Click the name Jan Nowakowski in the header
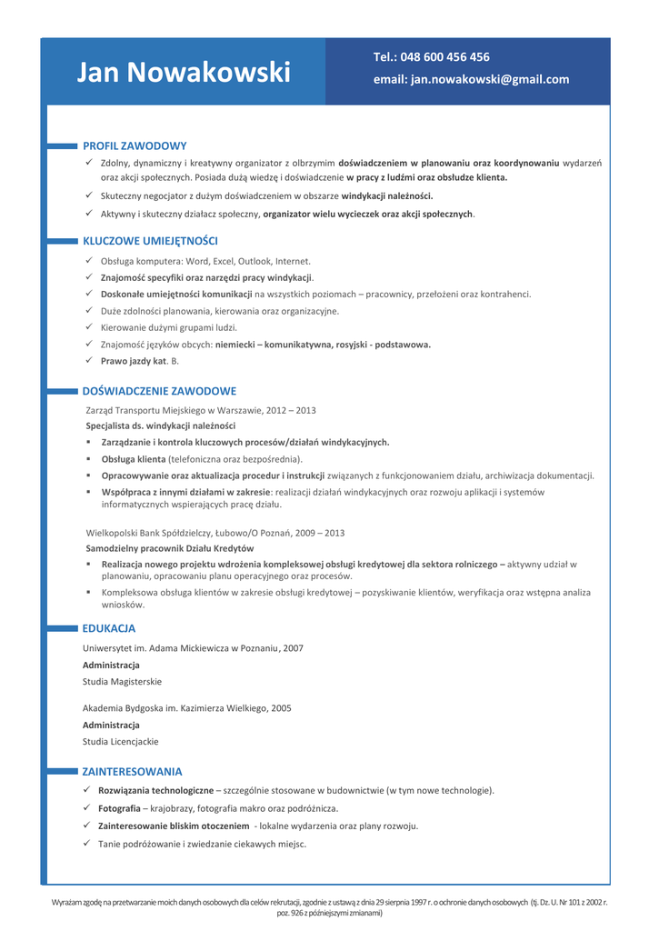coord(184,73)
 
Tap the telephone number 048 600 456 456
coord(444,56)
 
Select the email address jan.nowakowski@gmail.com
coord(490,79)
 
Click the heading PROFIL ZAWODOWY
coord(135,145)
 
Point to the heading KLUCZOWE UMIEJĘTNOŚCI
coord(150,241)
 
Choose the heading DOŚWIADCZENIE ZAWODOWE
coord(159,391)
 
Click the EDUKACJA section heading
coord(109,628)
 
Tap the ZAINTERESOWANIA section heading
coord(132,771)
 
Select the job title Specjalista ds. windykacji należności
coord(160,425)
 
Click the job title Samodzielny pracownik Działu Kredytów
coord(170,548)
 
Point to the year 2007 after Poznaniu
coord(293,648)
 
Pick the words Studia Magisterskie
coord(122,681)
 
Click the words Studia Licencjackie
coord(120,741)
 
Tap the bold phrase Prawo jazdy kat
coord(134,361)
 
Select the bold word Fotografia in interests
coord(119,808)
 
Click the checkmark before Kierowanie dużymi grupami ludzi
coord(89,327)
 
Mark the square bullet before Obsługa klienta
coord(89,459)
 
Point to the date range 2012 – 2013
coord(291,410)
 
